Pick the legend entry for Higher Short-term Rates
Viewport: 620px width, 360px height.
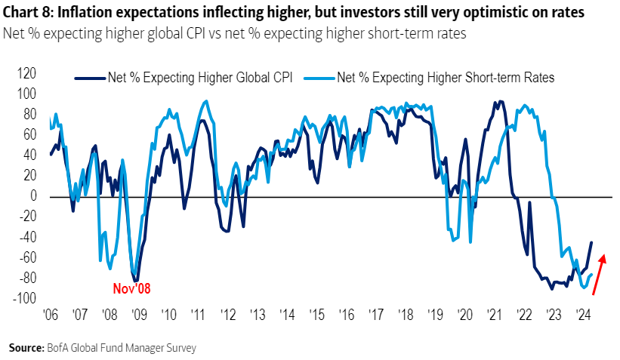coord(446,77)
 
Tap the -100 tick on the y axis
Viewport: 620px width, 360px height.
coord(25,298)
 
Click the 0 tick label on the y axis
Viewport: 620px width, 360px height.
coord(33,196)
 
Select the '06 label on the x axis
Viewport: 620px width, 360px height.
coord(51,314)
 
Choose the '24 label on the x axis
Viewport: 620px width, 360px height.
coord(582,314)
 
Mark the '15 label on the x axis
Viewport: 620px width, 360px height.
coord(316,314)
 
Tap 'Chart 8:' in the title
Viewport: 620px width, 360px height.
coord(28,13)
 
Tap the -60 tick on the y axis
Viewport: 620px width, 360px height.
coord(27,257)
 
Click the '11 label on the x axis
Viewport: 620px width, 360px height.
coord(199,314)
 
